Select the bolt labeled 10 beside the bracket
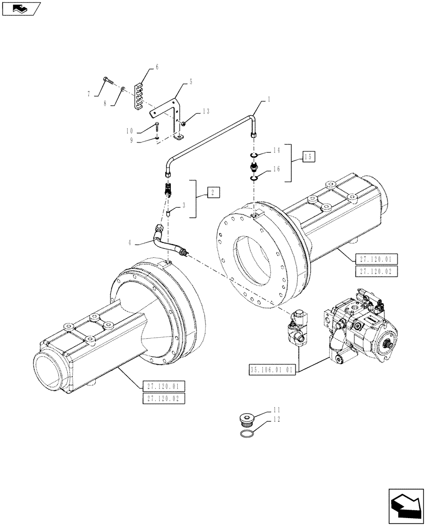(157, 125)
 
